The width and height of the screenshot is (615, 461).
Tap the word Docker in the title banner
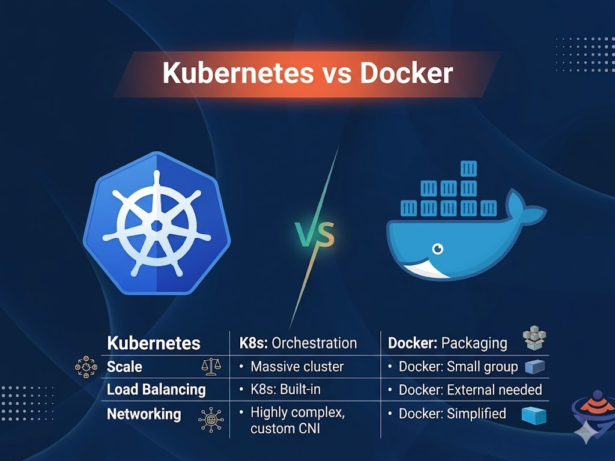406,73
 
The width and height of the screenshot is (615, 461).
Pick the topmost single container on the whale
468,169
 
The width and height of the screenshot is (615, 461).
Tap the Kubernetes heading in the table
153,343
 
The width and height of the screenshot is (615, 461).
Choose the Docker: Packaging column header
447,343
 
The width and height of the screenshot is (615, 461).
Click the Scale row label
124,367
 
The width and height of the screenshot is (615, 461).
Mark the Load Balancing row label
156,390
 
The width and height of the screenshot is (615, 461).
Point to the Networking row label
144,414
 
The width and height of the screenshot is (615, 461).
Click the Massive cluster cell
297,367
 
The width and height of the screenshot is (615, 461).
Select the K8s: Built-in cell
285,390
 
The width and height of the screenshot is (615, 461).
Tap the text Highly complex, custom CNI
297,420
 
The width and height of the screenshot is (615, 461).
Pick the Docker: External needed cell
470,390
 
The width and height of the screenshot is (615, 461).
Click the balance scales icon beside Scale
210,366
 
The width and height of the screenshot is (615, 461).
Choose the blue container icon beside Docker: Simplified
533,415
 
